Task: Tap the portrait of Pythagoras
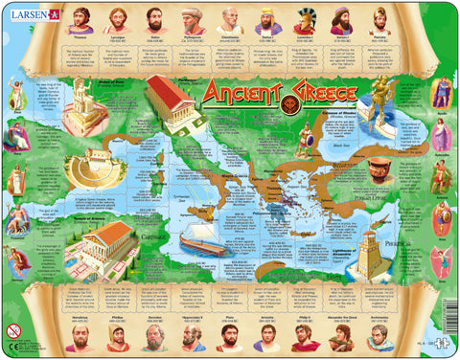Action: pyautogui.click(x=193, y=20)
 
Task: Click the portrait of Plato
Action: pyautogui.click(x=229, y=337)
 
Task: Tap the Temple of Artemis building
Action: pyautogui.click(x=105, y=246)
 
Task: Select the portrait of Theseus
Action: pyautogui.click(x=80, y=20)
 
